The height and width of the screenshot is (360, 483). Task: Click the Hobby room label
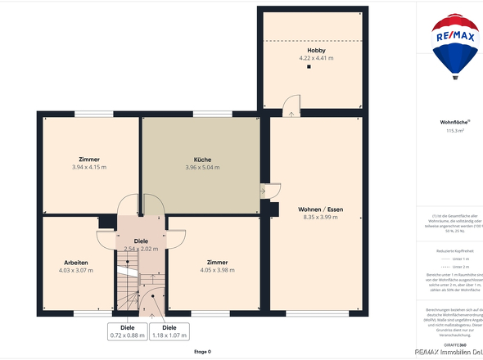tap(309, 51)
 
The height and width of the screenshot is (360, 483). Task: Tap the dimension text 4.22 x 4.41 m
tap(309, 58)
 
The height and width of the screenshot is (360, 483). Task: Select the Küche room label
tap(203, 160)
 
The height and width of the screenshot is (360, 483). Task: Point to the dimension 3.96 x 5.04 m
tap(203, 167)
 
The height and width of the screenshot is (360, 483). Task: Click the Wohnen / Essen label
tap(315, 209)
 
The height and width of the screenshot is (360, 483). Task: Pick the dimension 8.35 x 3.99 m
tap(315, 218)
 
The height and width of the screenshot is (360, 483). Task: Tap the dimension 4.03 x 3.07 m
tap(76, 270)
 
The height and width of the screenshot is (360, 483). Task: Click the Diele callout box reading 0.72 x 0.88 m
tap(127, 331)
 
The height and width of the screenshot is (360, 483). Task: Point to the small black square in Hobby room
tap(309, 68)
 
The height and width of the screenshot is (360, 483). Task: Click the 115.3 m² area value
tap(454, 131)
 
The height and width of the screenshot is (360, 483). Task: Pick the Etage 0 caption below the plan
tap(202, 352)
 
